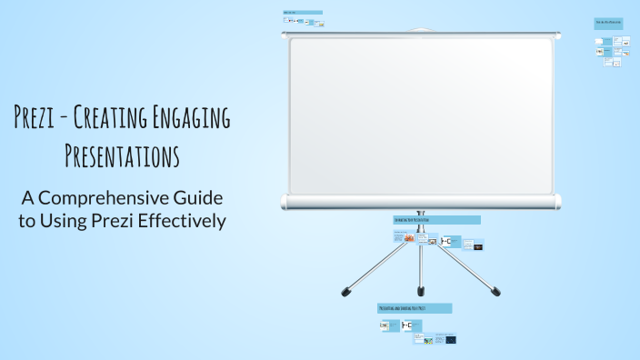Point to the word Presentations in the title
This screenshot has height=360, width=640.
point(122,155)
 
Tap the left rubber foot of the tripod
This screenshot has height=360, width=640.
point(345,293)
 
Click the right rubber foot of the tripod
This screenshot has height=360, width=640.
point(495,293)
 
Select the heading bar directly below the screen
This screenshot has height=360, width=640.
point(436,220)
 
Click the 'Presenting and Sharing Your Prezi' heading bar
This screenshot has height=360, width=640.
point(415,309)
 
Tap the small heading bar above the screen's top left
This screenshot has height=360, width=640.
point(302,13)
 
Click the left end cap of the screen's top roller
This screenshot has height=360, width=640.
point(285,35)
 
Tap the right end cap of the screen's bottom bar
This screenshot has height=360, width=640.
point(557,201)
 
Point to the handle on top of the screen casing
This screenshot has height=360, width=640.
point(420,29)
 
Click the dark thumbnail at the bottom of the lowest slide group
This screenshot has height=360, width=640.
point(450,339)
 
